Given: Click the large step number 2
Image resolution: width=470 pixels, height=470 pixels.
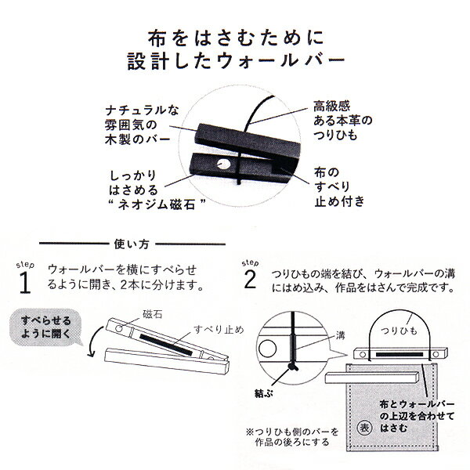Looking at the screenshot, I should pyautogui.click(x=250, y=280).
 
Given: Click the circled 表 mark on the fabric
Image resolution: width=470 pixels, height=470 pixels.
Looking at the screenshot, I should pyautogui.click(x=363, y=428).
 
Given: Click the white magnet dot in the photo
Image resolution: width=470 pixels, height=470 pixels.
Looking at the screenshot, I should pyautogui.click(x=223, y=164).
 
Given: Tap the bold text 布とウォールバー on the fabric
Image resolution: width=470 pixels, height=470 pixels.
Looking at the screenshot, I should pyautogui.click(x=415, y=402).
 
